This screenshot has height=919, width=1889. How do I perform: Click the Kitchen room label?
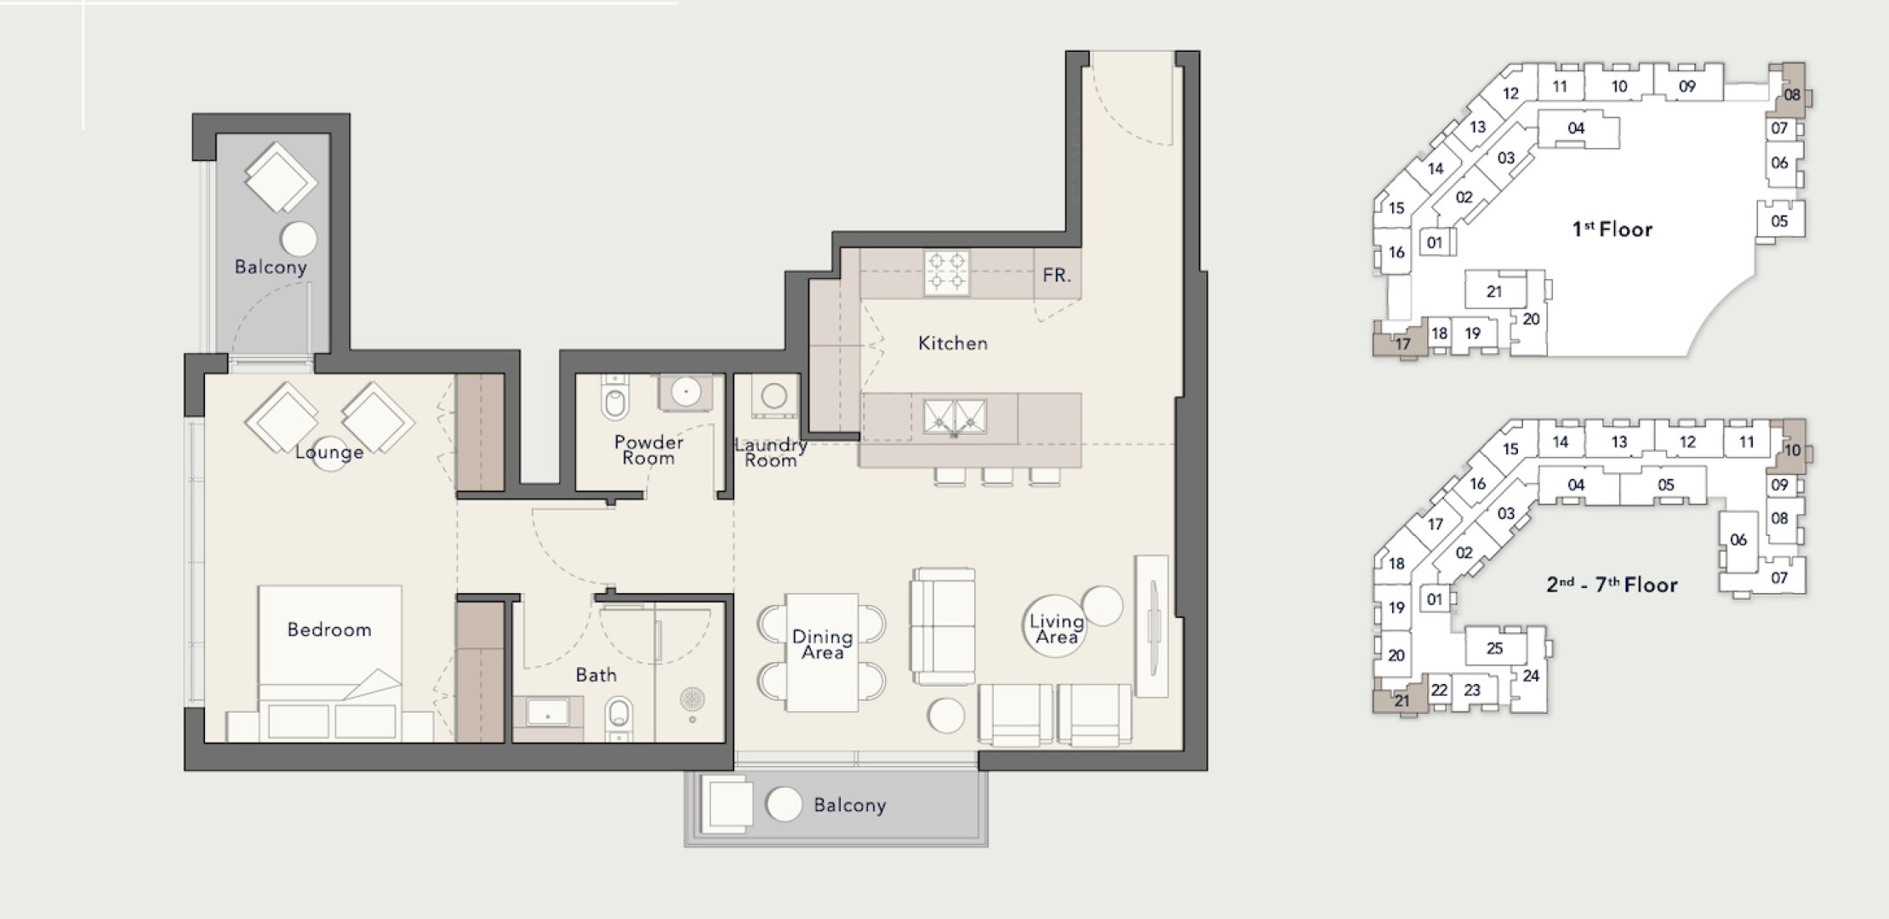point(953,344)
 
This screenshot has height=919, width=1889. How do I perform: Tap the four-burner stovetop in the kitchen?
point(947,272)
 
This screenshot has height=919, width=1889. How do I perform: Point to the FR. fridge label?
point(1057,276)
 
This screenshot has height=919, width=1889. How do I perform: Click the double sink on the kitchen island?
point(955,418)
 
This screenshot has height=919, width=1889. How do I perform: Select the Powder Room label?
point(648,450)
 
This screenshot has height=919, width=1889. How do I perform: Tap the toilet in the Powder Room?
point(614,397)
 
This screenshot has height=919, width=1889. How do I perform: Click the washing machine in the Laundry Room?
point(774,397)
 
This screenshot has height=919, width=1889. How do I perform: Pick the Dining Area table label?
point(822,645)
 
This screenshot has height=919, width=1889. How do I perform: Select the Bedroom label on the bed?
point(329,630)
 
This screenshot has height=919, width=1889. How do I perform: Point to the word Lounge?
point(329,452)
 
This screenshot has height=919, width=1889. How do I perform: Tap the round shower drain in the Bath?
point(693,699)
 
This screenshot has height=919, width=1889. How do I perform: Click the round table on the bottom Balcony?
point(784,804)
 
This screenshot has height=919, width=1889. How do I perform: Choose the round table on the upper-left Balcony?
point(299,239)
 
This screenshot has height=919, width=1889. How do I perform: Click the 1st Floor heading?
point(1612,229)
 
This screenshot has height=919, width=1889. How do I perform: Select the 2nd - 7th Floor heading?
point(1612,585)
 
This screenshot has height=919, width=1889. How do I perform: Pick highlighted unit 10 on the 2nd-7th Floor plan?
point(1790,447)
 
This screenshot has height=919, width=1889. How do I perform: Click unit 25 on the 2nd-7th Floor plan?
point(1495,648)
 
